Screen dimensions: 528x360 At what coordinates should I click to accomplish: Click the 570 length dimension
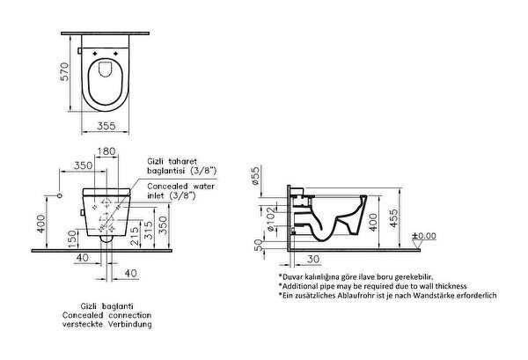tap(64, 71)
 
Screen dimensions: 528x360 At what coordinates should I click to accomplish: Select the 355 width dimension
tap(106, 126)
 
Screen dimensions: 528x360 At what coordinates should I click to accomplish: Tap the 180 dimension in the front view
tap(106, 151)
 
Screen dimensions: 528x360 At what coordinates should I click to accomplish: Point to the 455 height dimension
tap(393, 218)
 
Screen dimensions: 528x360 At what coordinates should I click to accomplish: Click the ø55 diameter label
tap(255, 175)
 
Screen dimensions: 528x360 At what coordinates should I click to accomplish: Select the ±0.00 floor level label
tap(424, 236)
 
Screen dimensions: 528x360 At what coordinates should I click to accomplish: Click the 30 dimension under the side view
tap(313, 260)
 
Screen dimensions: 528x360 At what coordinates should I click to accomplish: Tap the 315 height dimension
tap(148, 231)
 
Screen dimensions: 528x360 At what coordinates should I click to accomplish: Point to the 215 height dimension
tap(134, 236)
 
